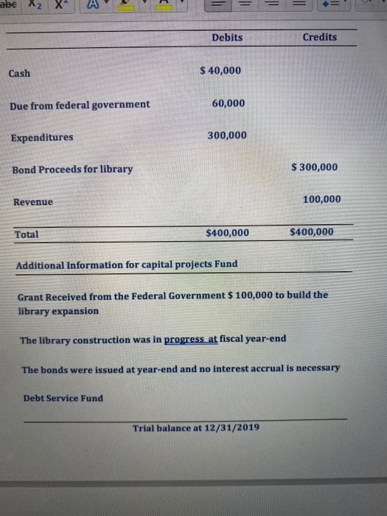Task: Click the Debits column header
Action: coord(226,38)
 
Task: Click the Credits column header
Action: coord(319,38)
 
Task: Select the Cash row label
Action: coord(20,73)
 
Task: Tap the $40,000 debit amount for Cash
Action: coord(220,70)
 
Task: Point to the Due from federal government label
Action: coord(80,105)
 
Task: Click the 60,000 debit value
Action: coord(229,102)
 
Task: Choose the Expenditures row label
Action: coord(42,137)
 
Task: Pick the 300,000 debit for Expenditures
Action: coord(227,135)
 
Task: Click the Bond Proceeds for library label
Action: coord(72,169)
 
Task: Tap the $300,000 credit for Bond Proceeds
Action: coord(314,167)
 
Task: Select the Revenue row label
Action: coord(33,202)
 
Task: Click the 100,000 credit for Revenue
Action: coord(321,199)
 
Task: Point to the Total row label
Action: coord(27,234)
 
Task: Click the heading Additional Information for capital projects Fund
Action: coord(127,265)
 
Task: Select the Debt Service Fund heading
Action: coord(63,398)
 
